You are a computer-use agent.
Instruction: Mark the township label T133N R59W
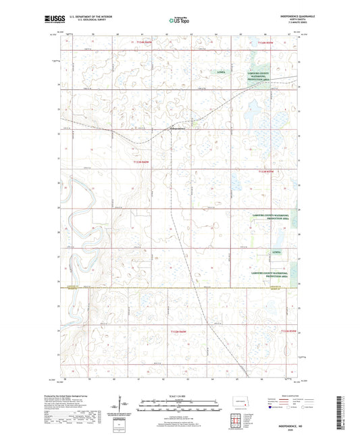pos(267,172)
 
